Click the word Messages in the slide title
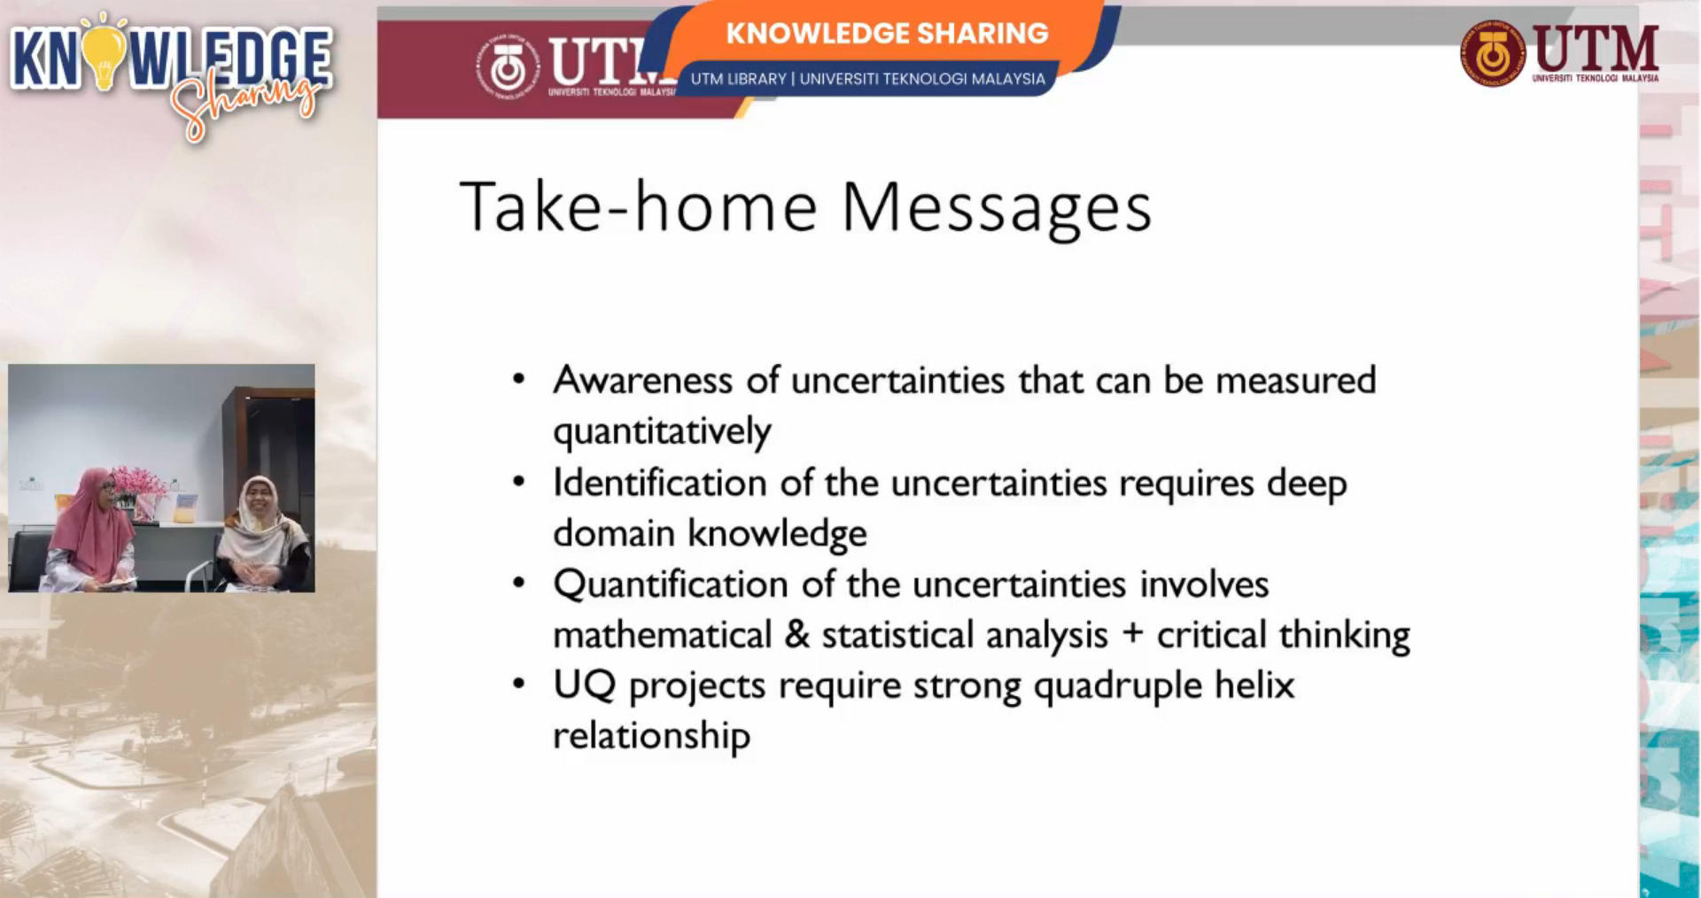pos(997,209)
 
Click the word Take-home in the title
pos(638,205)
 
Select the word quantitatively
pos(662,432)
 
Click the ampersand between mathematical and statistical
pos(797,634)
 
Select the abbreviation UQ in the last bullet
pos(584,685)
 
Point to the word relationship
pos(651,736)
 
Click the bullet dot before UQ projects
pos(519,684)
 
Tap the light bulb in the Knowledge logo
pos(105,53)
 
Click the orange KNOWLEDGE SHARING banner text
pos(887,34)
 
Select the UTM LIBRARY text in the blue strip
pos(738,79)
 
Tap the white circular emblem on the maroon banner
pos(508,66)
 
